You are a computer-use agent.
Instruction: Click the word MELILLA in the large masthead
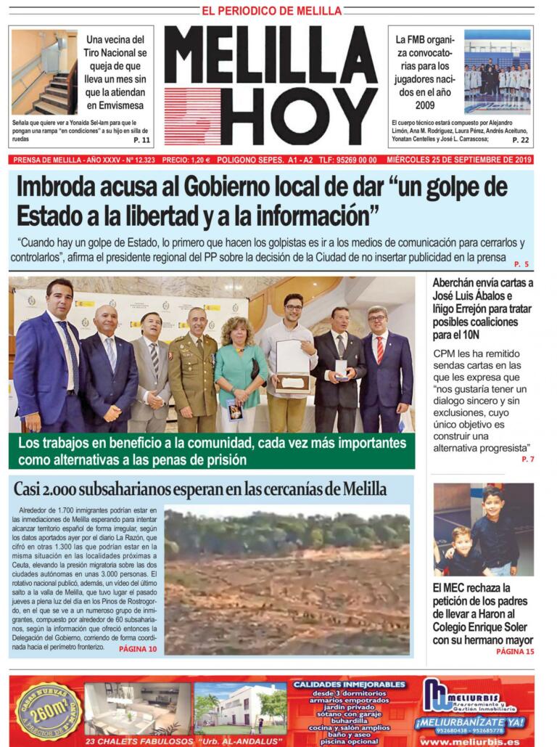[x=271, y=54]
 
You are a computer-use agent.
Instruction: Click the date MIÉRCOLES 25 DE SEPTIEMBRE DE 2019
[x=460, y=160]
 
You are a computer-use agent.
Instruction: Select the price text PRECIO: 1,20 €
[x=186, y=160]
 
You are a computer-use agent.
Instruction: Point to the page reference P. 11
[x=141, y=140]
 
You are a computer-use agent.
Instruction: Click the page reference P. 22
[x=520, y=140]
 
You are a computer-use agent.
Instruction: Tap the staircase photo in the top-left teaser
[x=44, y=73]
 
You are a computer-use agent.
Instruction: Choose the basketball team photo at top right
[x=497, y=72]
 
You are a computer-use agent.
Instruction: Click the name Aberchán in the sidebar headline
[x=462, y=283]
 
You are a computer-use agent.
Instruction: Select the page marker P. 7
[x=527, y=460]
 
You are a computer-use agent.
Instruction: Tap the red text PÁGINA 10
[x=138, y=648]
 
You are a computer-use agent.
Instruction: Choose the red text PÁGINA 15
[x=515, y=652]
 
